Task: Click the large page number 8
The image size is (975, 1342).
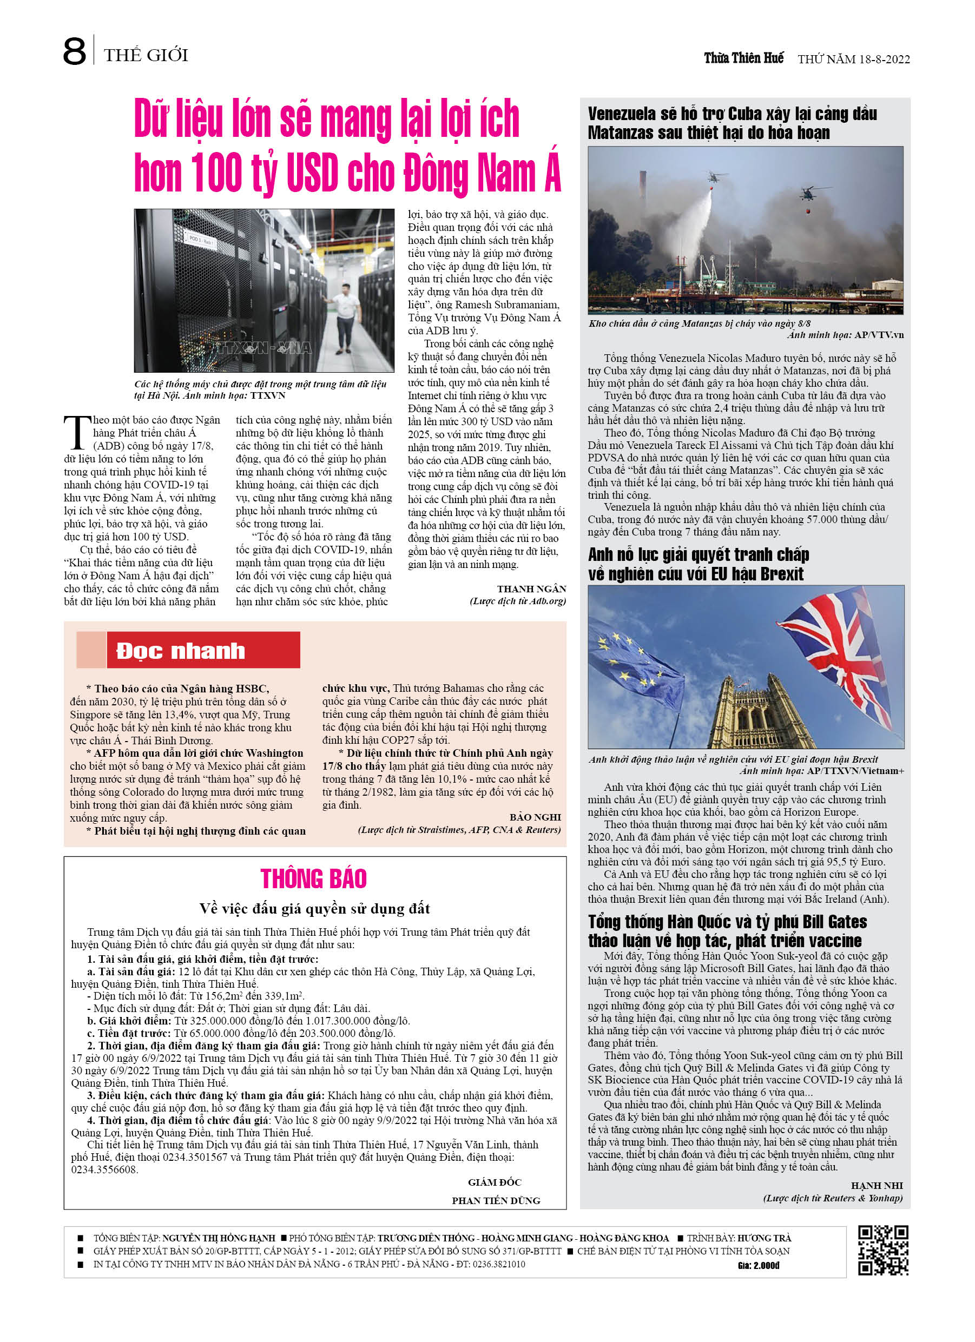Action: tap(75, 51)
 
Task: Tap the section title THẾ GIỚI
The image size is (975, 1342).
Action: tap(146, 56)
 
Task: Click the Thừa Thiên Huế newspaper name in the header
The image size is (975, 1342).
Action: tap(743, 58)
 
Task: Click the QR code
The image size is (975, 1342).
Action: tap(882, 1250)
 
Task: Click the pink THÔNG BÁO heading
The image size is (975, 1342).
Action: tap(313, 878)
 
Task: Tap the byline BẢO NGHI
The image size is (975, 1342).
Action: tap(535, 817)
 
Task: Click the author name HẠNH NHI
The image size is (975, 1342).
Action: tap(876, 1185)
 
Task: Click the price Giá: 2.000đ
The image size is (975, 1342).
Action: tap(759, 1266)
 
